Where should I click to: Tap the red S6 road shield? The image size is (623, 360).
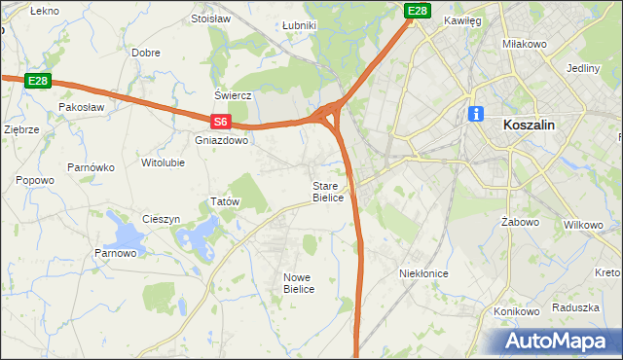click(221, 122)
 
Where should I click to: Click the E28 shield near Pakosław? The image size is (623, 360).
click(38, 81)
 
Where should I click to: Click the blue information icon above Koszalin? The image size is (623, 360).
click(476, 114)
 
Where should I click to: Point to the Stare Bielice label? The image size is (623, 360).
click(328, 192)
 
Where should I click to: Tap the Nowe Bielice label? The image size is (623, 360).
click(299, 283)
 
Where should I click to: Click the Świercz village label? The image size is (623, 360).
click(234, 95)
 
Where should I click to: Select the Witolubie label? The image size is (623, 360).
click(163, 162)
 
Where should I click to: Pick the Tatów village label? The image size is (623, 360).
click(225, 201)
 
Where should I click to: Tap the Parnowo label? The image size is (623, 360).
click(115, 254)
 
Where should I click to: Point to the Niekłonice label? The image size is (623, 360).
click(423, 273)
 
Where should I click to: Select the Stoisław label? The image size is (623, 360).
click(210, 18)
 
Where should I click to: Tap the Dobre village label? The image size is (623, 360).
click(146, 53)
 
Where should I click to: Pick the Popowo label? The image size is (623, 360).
click(35, 180)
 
